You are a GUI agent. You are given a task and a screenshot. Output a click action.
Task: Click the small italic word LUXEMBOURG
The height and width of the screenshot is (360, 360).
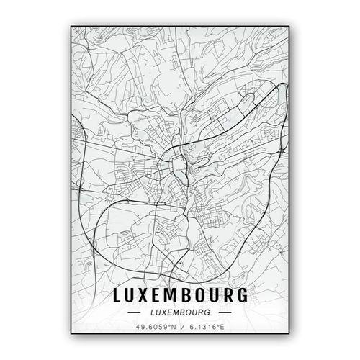pos(181,313)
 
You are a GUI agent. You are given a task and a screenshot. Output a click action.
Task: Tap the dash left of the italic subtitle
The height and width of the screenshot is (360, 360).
pos(134,313)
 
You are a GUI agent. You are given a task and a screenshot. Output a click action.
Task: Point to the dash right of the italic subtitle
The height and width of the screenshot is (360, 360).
pos(226,313)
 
